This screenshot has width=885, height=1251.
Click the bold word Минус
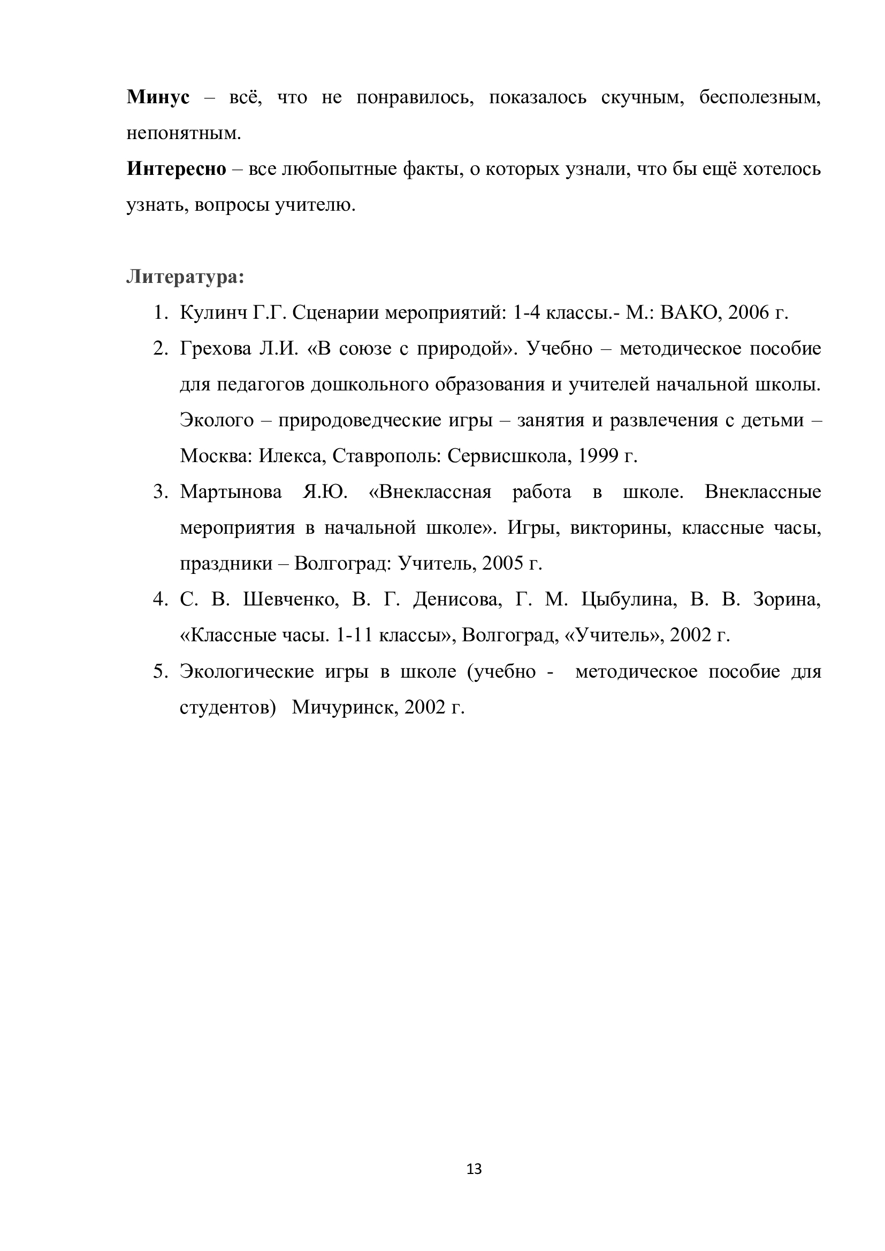(158, 97)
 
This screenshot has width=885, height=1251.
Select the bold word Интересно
(176, 169)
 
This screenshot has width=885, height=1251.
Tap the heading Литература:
(185, 277)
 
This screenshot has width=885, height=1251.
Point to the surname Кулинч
(213, 313)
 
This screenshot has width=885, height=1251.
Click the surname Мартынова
(231, 492)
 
